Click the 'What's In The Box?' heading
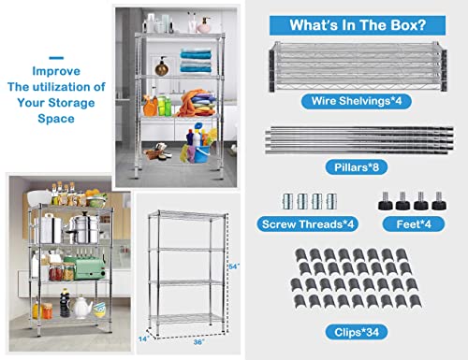(x=358, y=25)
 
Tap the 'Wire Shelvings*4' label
(x=357, y=101)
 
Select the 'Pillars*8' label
(x=357, y=167)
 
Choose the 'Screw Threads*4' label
(x=308, y=224)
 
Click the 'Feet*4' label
(x=414, y=224)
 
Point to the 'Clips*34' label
(x=357, y=332)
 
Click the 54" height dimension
(x=234, y=266)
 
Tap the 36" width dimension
(x=198, y=342)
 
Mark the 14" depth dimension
(x=142, y=338)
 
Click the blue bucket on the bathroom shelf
(x=202, y=154)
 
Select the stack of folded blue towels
(x=196, y=61)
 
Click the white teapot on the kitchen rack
(x=80, y=307)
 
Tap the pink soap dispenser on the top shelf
(x=204, y=26)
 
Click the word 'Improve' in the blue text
(x=56, y=71)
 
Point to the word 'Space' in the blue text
(x=56, y=119)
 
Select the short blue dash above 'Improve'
(x=56, y=58)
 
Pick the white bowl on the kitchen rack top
(x=39, y=198)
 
